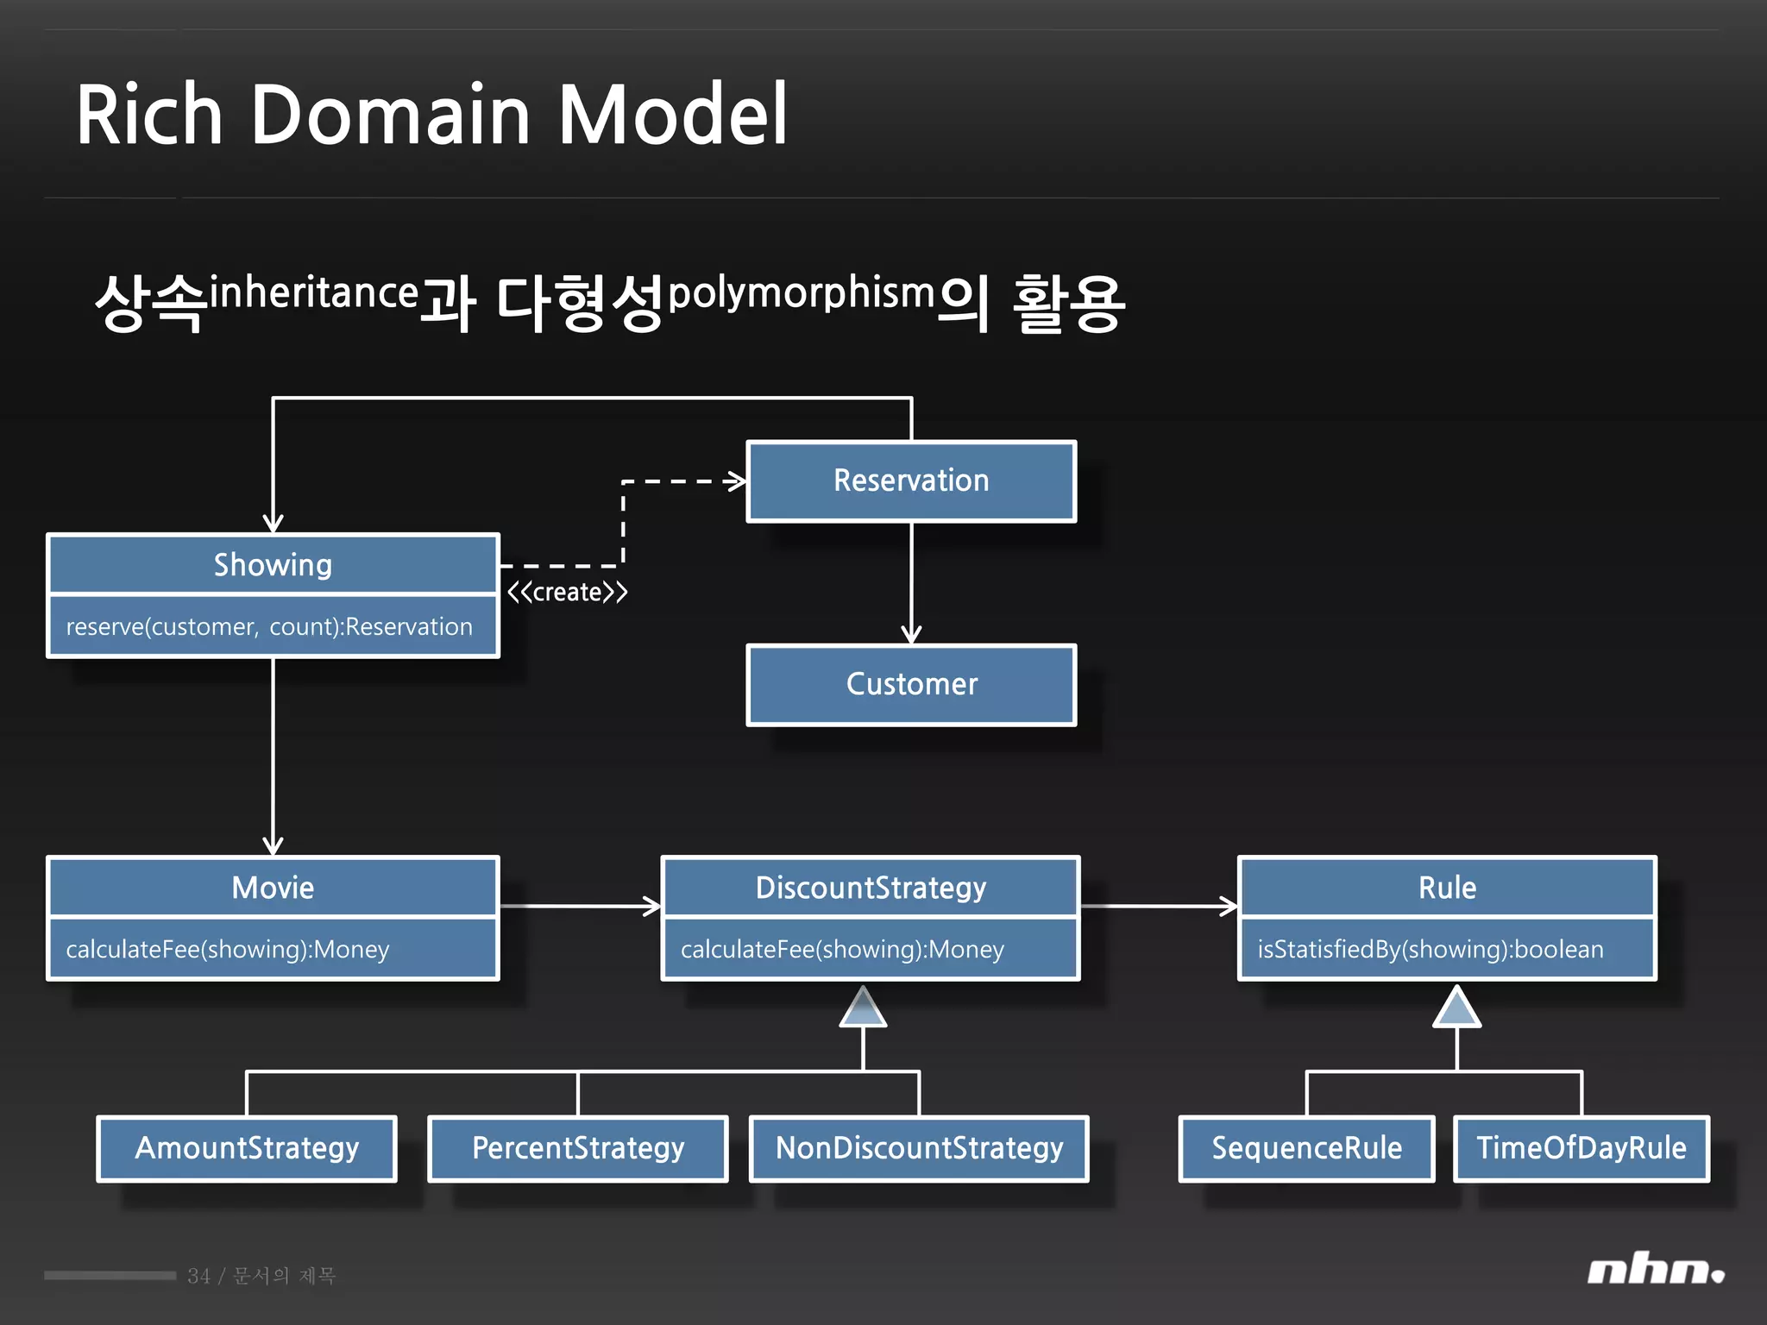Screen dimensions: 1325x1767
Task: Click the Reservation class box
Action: pos(911,481)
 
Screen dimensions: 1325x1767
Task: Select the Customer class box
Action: pos(911,685)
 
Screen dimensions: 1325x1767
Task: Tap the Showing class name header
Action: pos(273,565)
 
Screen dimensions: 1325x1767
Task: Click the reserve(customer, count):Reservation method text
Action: pos(269,627)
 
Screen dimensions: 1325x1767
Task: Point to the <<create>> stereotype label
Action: pos(567,593)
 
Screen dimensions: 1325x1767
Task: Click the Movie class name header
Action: pos(273,888)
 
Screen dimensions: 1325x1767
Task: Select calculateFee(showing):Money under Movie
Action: pos(228,950)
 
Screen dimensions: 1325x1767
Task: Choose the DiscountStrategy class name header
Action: pos(871,888)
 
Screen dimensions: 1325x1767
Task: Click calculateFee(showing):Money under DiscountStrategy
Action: pos(842,950)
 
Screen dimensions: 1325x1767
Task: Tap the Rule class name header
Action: pos(1447,888)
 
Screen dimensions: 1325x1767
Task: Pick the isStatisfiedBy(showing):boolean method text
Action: pos(1430,950)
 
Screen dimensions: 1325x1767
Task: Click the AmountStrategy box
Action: pos(247,1148)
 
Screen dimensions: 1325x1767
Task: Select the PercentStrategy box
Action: pos(578,1148)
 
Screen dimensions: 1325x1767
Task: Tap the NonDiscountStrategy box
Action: pos(919,1148)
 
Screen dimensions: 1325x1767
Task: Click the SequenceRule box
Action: pos(1306,1148)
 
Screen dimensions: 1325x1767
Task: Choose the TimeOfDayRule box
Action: pos(1581,1148)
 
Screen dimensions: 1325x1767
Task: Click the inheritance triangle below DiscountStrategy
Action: pos(864,1009)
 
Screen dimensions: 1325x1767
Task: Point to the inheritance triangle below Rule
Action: pos(1456,1009)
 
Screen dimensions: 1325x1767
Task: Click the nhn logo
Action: pos(1655,1271)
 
